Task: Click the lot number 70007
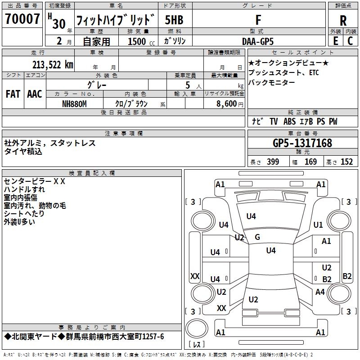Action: (22, 19)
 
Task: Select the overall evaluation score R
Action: (343, 20)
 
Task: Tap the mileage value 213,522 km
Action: (52, 64)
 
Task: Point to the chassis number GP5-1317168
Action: (302, 143)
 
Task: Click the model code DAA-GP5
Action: (257, 41)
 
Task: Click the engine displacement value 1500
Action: (137, 41)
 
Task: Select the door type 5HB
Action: (174, 20)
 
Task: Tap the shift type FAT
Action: (13, 94)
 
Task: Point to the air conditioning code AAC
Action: (35, 94)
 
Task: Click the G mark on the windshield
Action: (257, 237)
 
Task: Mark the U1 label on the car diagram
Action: (318, 225)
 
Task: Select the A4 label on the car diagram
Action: (320, 292)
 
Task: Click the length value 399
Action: (273, 162)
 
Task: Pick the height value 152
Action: (346, 162)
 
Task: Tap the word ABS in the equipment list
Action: (291, 121)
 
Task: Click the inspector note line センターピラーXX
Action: (35, 181)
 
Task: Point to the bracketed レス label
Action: (197, 345)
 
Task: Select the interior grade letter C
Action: (350, 41)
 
